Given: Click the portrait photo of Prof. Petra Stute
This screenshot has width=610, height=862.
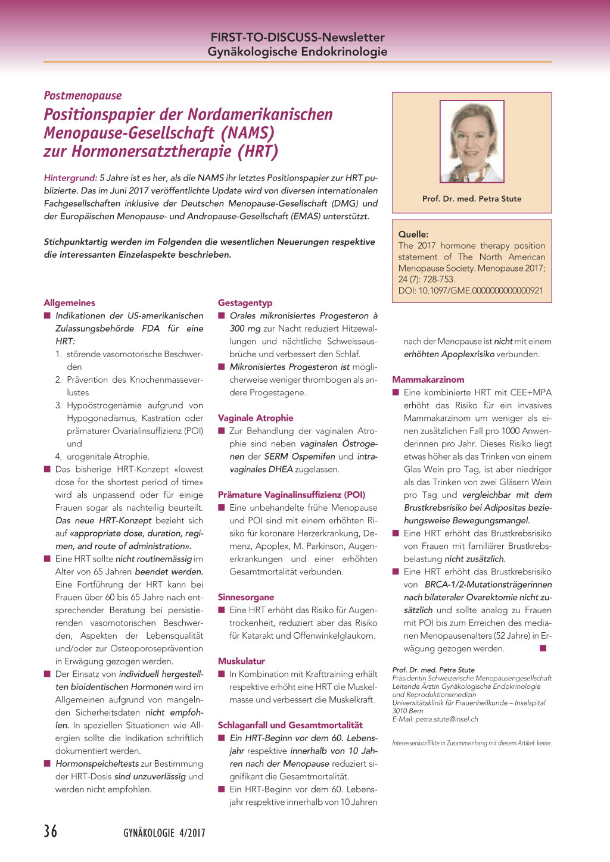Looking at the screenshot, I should [x=472, y=141].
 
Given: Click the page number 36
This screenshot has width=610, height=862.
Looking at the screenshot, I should [x=51, y=830].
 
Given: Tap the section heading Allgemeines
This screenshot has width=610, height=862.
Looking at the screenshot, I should [x=69, y=302].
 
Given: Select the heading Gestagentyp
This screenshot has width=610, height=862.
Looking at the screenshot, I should [x=245, y=302].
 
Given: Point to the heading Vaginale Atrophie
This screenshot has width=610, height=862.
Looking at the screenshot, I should [x=256, y=418].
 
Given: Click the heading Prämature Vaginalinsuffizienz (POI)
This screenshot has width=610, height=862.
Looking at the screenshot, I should [x=291, y=495].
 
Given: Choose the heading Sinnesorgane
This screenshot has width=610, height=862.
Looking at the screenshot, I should [x=246, y=597].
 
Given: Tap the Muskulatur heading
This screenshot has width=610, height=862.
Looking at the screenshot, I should [x=241, y=661].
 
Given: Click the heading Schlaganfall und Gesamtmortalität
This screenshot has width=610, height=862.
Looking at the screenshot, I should [x=290, y=725].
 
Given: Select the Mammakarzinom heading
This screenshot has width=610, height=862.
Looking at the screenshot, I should [x=428, y=379].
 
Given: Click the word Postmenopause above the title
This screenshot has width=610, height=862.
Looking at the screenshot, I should [x=83, y=95].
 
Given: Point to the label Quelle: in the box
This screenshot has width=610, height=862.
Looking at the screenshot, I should [x=413, y=234].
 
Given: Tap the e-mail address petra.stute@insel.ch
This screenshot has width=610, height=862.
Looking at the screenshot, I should [x=447, y=719].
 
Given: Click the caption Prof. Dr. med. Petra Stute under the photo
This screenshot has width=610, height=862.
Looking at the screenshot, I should [x=472, y=199].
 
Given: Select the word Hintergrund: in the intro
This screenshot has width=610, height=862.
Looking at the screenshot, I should [x=70, y=177].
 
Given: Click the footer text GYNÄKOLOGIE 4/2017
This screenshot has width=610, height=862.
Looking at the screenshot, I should [x=164, y=833].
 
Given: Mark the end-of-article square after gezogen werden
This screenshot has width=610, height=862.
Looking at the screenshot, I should [x=543, y=648].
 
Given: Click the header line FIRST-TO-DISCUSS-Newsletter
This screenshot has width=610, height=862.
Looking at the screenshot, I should [x=297, y=37].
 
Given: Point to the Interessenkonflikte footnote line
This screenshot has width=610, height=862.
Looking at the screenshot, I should [x=472, y=743].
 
